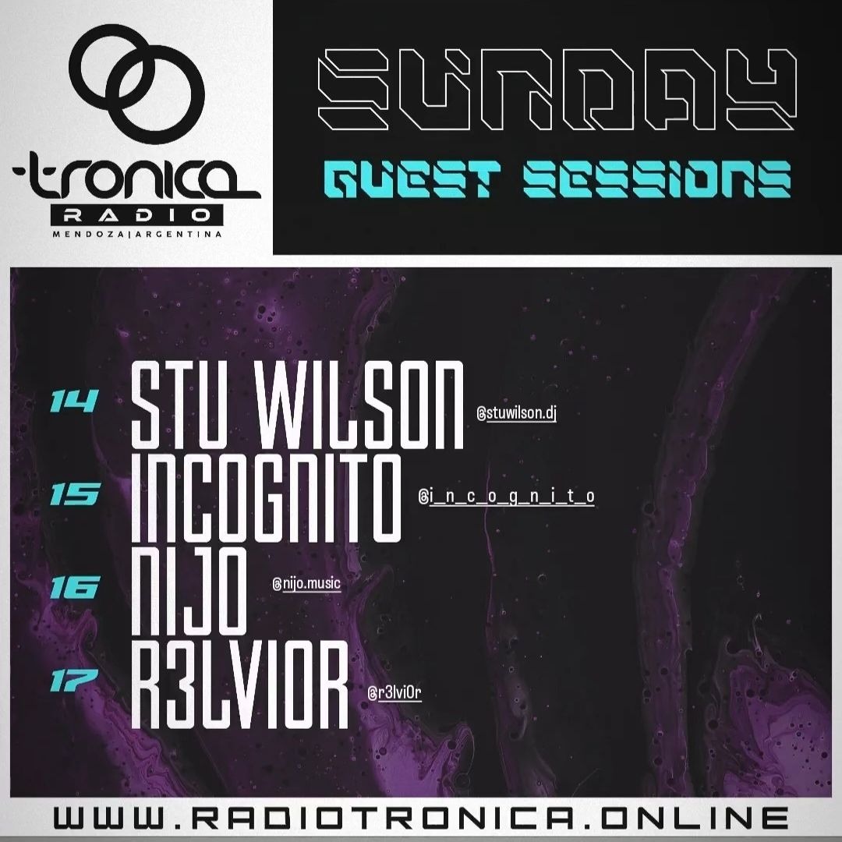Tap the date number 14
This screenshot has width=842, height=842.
tap(73, 402)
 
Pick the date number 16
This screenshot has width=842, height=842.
tap(74, 586)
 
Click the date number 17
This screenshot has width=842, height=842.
tap(74, 678)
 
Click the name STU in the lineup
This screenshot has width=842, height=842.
tap(175, 405)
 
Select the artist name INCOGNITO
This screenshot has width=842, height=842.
tap(266, 499)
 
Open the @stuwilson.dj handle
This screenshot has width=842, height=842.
tap(515, 414)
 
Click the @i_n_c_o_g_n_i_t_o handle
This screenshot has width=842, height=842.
tap(507, 497)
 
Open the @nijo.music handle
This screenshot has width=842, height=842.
tap(306, 583)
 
